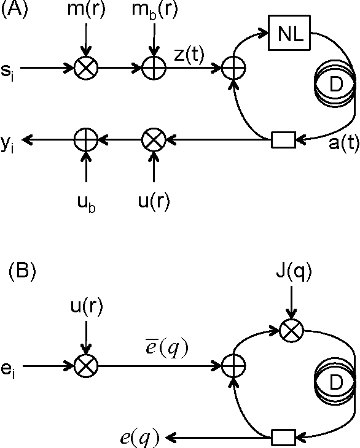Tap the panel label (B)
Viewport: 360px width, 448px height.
pyautogui.click(x=23, y=271)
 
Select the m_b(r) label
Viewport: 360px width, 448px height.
pyautogui.click(x=154, y=13)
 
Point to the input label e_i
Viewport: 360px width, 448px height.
pyautogui.click(x=8, y=366)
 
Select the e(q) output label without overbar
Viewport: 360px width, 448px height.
pyautogui.click(x=141, y=437)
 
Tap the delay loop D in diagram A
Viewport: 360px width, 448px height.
pyautogui.click(x=334, y=88)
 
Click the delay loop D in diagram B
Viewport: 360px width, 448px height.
pyautogui.click(x=334, y=384)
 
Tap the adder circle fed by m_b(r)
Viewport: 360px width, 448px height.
pyautogui.click(x=153, y=68)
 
